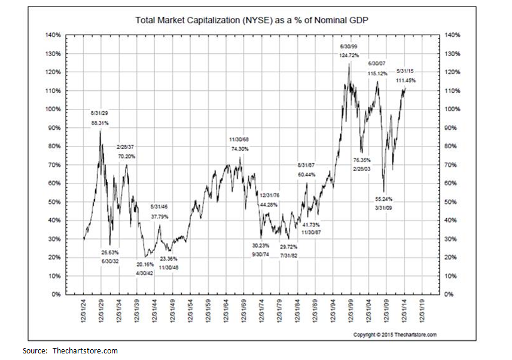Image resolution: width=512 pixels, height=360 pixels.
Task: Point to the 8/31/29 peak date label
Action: pos(99,112)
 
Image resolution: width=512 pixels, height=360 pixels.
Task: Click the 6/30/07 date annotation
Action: pos(377,63)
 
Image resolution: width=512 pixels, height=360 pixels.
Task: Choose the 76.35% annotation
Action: pos(363,160)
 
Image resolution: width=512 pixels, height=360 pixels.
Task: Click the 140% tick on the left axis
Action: pos(53,35)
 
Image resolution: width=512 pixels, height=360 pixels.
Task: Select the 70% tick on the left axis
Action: pos(55,164)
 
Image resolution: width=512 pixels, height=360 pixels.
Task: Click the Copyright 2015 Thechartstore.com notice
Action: pos(394,334)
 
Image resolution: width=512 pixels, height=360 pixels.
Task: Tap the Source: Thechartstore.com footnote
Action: pos(70,350)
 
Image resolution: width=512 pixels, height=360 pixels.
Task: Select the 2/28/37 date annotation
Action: pos(126,147)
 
